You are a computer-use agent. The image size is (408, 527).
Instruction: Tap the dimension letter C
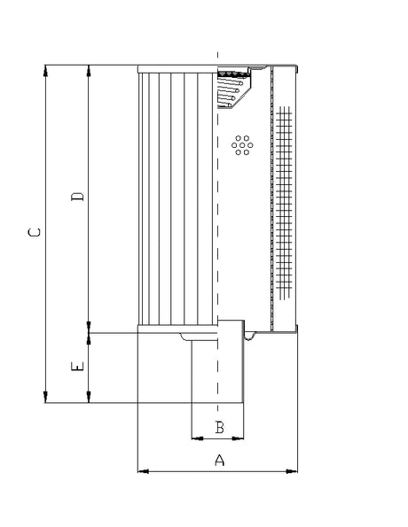[35, 233]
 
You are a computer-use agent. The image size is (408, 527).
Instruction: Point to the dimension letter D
[78, 196]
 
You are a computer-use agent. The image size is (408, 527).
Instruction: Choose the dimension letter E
[78, 366]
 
